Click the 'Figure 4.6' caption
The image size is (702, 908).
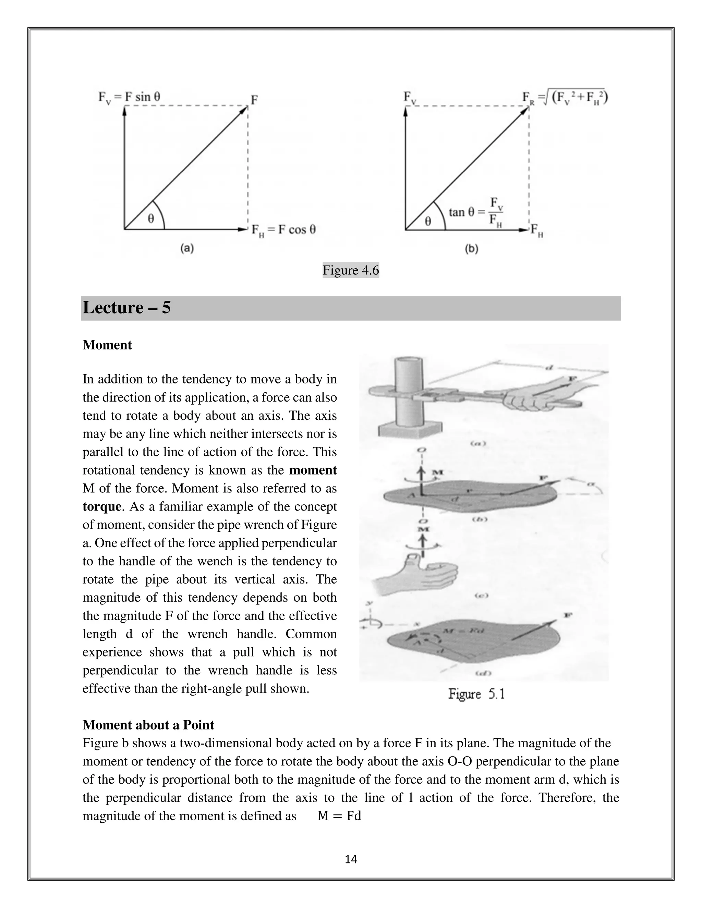click(351, 271)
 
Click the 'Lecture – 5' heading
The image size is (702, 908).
click(127, 308)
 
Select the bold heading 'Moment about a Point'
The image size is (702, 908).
click(148, 725)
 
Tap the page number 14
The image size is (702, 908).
click(351, 859)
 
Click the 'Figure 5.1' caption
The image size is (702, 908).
click(476, 694)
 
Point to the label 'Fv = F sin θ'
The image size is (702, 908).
click(129, 97)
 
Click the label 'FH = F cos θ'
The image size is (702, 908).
click(283, 230)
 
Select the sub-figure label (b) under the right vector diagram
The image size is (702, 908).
click(471, 249)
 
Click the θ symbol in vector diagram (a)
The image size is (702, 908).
click(150, 218)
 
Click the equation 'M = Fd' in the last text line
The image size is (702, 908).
click(339, 816)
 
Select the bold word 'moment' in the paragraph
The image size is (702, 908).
click(313, 470)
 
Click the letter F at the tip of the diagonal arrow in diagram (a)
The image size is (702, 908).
click(254, 100)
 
